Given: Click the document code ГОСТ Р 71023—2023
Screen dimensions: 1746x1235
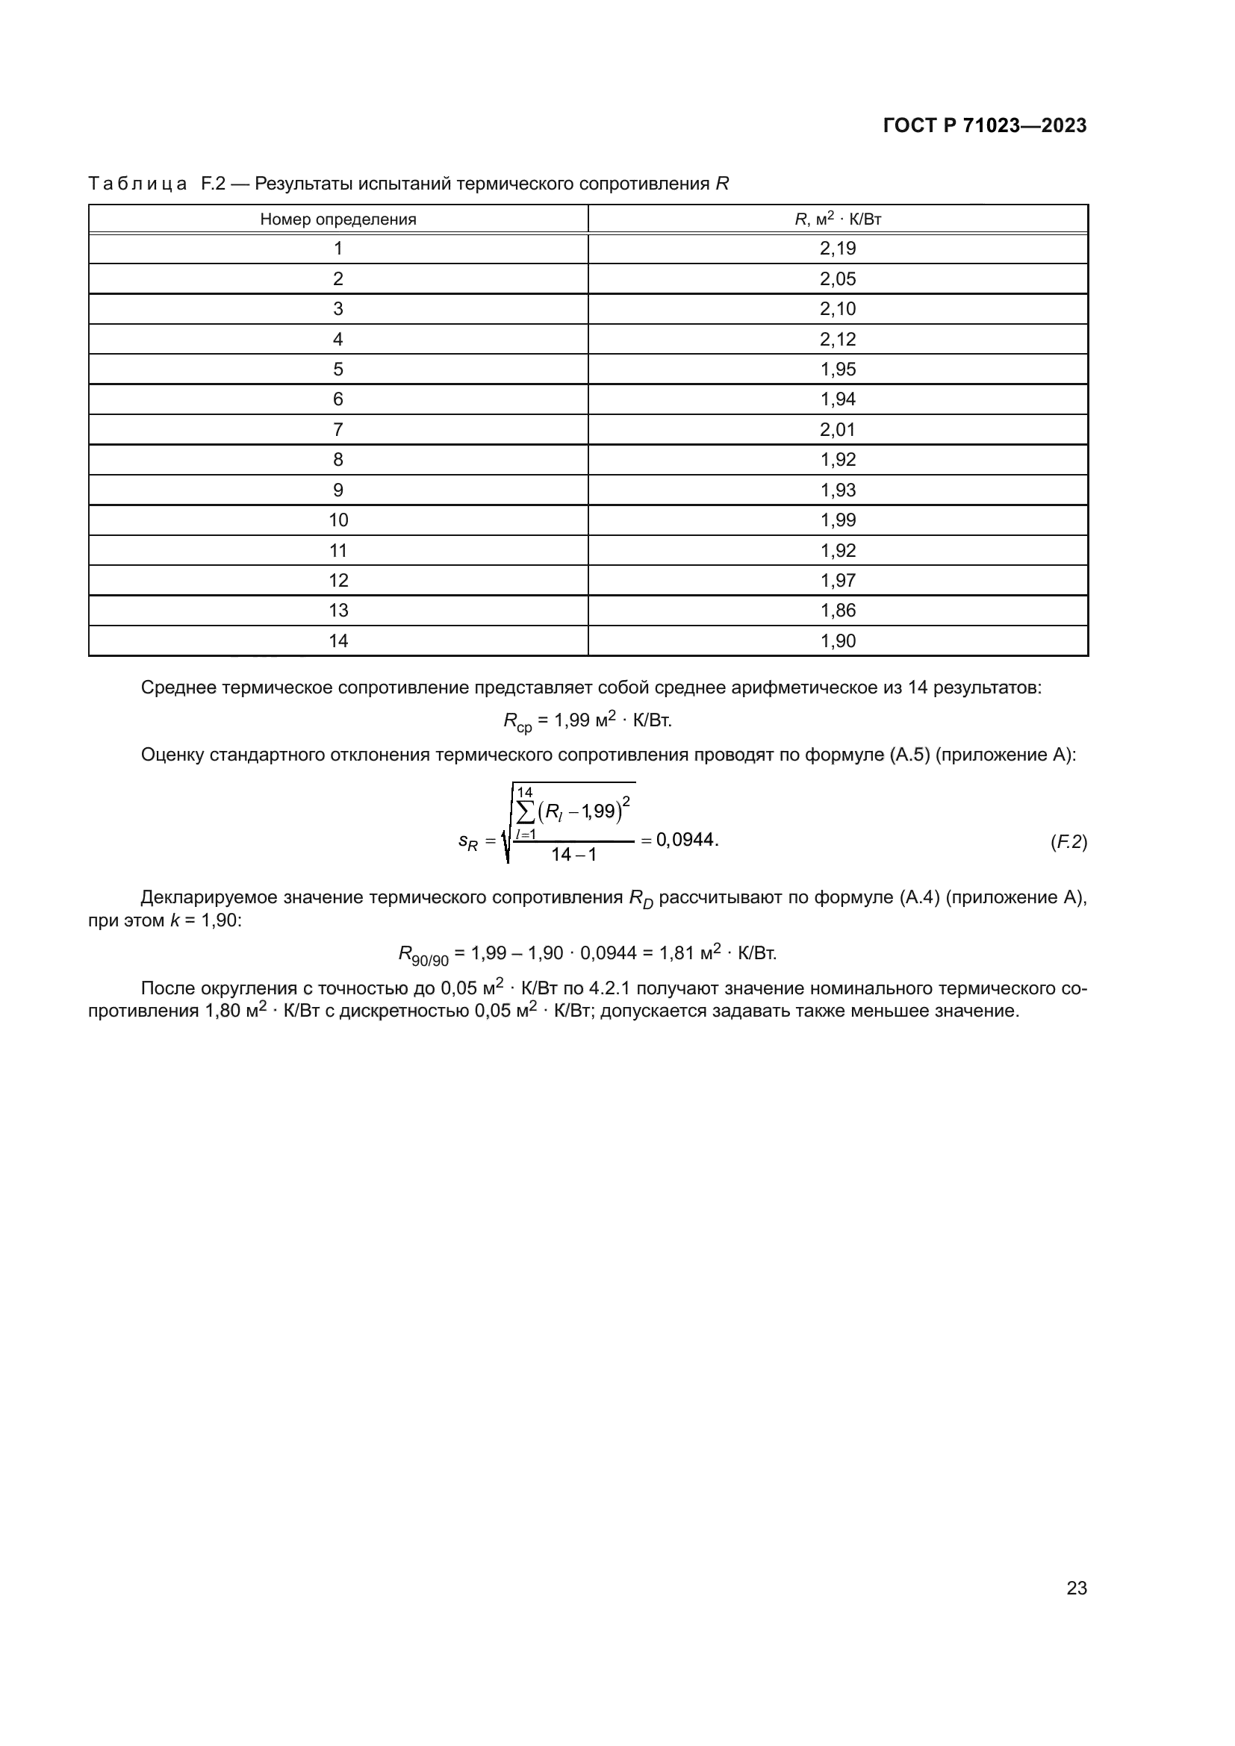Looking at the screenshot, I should [985, 125].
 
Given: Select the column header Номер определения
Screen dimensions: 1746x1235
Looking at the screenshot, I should [337, 219].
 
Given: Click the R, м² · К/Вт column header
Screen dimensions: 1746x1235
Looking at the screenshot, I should [837, 219].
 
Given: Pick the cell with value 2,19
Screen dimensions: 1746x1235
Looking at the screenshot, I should [837, 249].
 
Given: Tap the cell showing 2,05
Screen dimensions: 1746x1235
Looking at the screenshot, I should [837, 279].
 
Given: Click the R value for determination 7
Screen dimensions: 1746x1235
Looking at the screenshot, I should [837, 430].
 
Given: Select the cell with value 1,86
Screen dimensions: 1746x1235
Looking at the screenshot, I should [837, 611].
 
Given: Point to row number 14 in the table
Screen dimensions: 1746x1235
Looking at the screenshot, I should [337, 641].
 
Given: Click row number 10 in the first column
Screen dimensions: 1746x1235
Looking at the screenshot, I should [337, 520].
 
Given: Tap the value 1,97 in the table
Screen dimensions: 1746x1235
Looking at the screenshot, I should [837, 580].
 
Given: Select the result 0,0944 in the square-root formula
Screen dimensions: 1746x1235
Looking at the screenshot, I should [685, 841].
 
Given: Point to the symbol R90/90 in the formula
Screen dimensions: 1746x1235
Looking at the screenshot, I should [423, 955].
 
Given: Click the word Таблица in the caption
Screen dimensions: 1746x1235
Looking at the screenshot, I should [137, 184].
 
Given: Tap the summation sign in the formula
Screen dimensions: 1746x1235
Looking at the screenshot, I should [526, 812].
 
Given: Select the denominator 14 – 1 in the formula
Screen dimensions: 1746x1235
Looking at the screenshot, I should [573, 855].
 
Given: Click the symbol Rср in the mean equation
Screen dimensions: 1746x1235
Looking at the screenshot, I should [517, 722].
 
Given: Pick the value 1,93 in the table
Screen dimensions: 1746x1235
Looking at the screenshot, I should [837, 490].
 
